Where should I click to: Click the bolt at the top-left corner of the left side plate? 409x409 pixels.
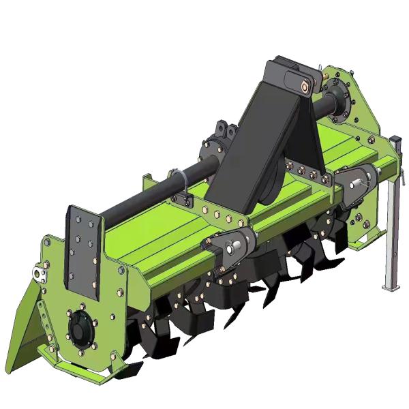(x=45, y=241)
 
